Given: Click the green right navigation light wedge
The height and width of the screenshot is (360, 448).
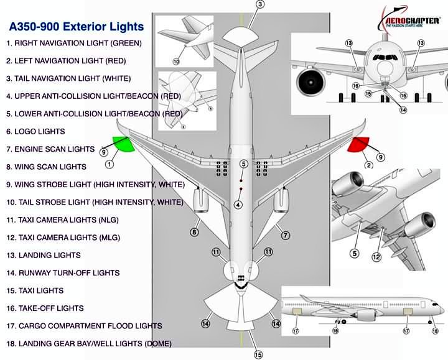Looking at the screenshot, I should tap(124, 144).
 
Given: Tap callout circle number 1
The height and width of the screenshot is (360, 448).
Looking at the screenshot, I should tap(110, 165).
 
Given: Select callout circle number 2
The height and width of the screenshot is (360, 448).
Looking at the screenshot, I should tap(368, 165).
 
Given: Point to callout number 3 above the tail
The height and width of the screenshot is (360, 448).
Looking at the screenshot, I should tap(260, 4).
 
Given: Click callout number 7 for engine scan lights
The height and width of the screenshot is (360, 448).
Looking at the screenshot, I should tap(286, 235).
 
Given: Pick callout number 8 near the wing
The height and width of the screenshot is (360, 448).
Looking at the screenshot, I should tap(194, 233).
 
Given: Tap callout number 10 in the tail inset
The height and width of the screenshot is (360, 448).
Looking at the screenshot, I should tap(176, 62).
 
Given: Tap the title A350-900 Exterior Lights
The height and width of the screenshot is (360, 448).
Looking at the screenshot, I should tap(76, 27).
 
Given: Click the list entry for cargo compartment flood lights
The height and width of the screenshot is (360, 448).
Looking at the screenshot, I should tap(84, 326).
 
